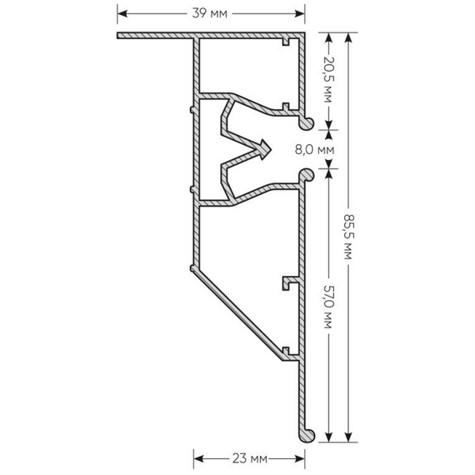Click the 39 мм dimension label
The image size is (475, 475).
pos(209,13)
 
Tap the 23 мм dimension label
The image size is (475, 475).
pos(250,459)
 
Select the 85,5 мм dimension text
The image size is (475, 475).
pos(348,237)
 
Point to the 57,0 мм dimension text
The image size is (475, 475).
pos(328,307)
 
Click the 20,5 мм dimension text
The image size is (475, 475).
pos(328,79)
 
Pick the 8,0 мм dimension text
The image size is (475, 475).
pos(315,150)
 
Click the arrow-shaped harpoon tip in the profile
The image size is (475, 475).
pos(263,150)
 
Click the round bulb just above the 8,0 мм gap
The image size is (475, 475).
pos(307,123)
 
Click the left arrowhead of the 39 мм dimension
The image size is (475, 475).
pos(122,13)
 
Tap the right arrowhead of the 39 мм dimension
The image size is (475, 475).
pos(300,13)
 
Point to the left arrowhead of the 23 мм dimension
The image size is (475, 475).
pos(198,459)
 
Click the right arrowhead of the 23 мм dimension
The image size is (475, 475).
pos(300,459)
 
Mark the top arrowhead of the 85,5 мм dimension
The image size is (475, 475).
pos(348,37)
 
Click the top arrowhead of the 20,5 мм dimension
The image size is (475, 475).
pos(328,37)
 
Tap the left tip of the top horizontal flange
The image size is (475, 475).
pos(117,36)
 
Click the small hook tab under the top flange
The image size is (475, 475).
pos(286,42)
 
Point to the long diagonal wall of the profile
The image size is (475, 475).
pos(237,314)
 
